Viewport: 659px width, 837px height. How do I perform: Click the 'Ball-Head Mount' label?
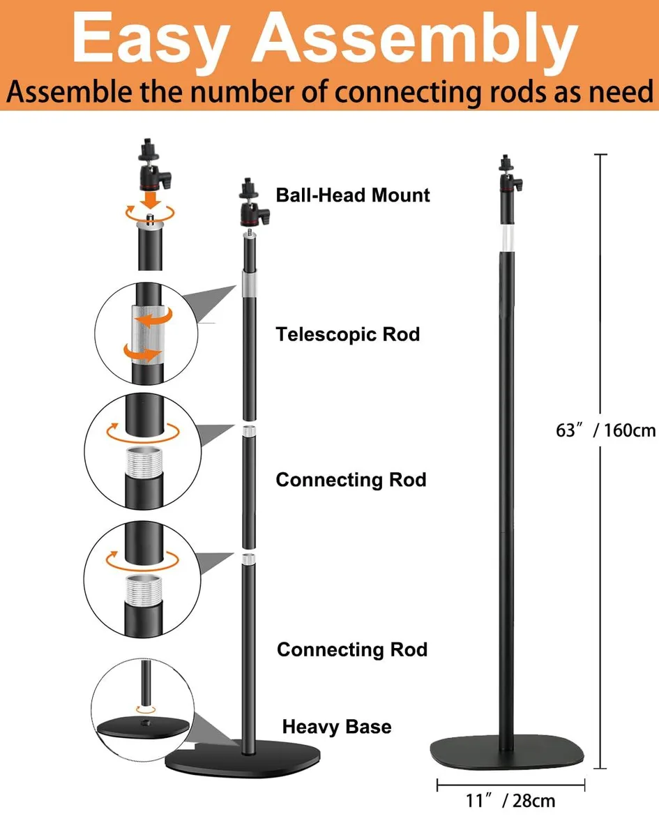tap(353, 195)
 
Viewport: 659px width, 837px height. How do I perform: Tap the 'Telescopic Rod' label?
tap(348, 335)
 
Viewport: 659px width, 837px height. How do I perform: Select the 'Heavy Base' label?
tap(337, 727)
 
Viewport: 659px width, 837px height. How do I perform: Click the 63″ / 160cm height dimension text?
tap(606, 430)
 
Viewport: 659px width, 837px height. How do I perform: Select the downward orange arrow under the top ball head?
tap(151, 199)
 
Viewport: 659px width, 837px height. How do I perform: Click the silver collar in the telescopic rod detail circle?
tap(149, 335)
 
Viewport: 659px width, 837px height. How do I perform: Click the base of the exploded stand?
tap(243, 759)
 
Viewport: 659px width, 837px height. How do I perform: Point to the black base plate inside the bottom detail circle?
tap(144, 726)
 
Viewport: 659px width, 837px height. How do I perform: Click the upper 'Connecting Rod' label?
tap(351, 480)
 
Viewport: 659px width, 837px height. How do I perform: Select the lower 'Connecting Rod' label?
tap(352, 649)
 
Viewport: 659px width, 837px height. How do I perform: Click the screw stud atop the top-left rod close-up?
tap(150, 218)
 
